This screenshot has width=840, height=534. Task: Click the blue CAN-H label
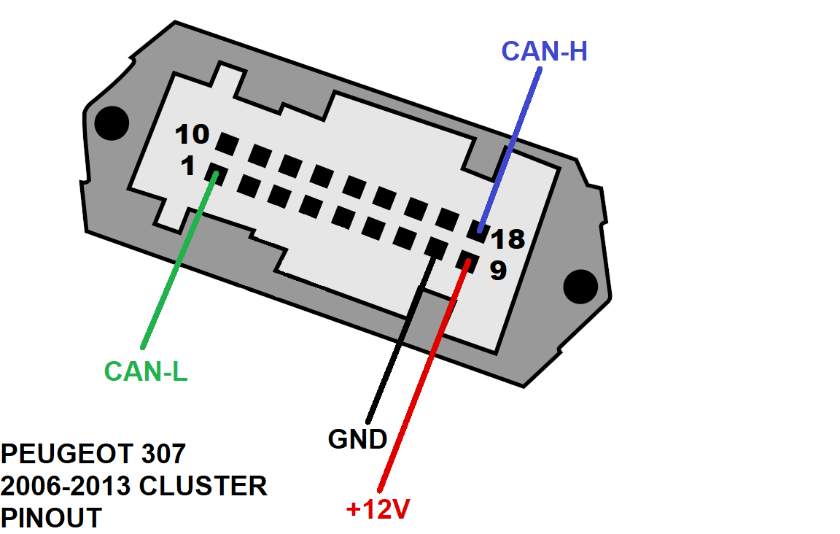click(x=544, y=52)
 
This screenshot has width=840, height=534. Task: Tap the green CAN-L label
click(x=146, y=371)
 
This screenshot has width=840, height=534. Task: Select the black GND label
click(x=357, y=439)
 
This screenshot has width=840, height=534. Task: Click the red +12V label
click(x=378, y=508)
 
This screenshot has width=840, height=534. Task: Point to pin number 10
click(x=192, y=134)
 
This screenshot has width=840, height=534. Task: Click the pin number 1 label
click(x=188, y=166)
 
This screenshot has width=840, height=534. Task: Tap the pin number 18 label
click(x=507, y=239)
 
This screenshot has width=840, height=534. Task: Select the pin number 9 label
click(x=498, y=270)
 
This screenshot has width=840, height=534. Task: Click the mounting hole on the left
click(x=112, y=123)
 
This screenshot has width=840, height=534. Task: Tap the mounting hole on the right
click(x=580, y=286)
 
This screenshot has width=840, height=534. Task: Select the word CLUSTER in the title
click(x=203, y=487)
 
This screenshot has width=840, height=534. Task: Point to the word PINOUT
click(x=52, y=518)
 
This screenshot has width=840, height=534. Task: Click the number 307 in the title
click(x=163, y=454)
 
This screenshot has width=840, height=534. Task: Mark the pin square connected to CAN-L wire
click(x=216, y=175)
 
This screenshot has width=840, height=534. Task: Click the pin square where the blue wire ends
click(x=478, y=231)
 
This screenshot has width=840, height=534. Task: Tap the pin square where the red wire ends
click(x=467, y=260)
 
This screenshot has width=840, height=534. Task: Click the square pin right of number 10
click(x=227, y=144)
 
